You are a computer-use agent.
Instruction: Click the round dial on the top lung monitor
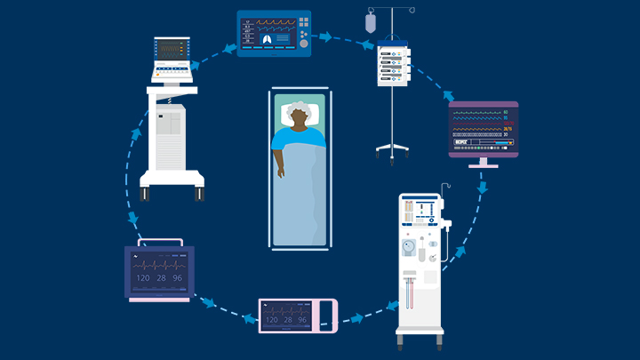click(303, 42)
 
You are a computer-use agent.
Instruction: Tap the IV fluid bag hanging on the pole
click(370, 22)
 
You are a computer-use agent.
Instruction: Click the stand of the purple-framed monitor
click(483, 161)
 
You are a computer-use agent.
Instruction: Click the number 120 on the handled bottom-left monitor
click(142, 279)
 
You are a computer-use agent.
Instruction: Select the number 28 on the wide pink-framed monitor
click(290, 320)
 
